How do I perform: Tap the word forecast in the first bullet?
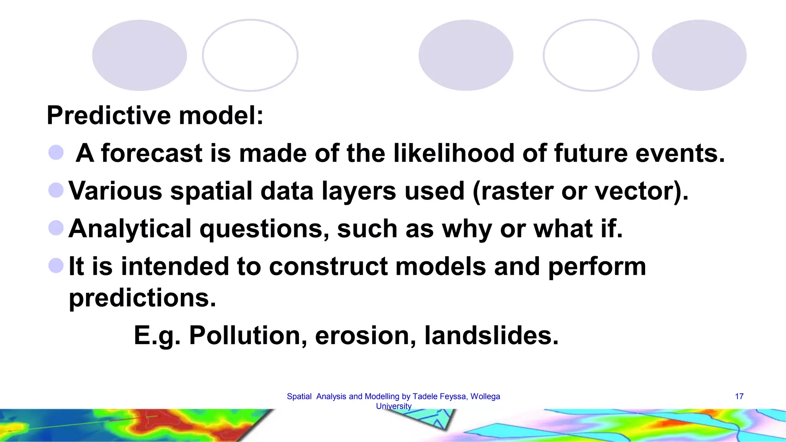click(152, 153)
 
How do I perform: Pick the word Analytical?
click(130, 229)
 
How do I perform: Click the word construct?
click(328, 266)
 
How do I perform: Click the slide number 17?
click(739, 396)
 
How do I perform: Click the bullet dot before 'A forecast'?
click(56, 152)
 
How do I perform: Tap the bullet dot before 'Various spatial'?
click(56, 190)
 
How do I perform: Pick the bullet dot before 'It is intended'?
click(56, 266)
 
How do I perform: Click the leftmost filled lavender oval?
click(139, 55)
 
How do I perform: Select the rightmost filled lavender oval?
click(699, 55)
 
